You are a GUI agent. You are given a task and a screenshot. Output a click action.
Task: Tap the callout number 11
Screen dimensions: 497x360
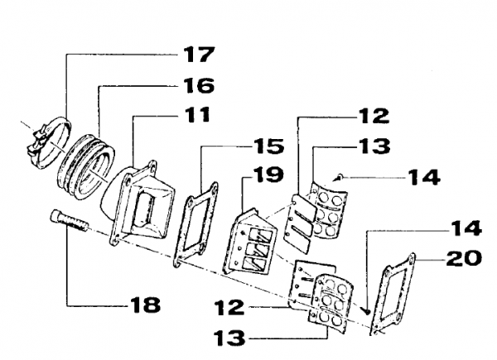197,114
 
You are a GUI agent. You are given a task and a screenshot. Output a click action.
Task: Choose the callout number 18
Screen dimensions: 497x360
146,305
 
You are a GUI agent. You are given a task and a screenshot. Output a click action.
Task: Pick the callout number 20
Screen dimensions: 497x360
464,258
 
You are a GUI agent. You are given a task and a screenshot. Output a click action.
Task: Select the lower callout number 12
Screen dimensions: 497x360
229,307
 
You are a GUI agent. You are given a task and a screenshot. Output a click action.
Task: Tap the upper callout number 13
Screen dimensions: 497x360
374,146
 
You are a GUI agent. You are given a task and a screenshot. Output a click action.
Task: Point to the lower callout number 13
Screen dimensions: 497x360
229,338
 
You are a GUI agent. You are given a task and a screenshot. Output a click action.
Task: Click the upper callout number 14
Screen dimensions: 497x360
423,177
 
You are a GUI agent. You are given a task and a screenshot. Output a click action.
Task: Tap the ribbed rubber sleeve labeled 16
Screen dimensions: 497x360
86,167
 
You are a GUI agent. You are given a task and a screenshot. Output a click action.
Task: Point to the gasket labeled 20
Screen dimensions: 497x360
392,294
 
